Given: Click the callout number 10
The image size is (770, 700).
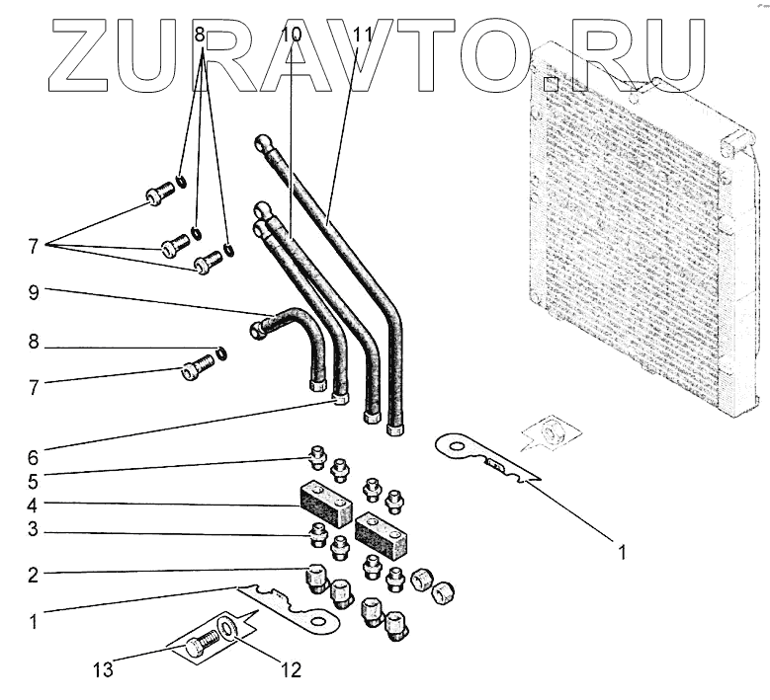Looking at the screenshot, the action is pos(292,34).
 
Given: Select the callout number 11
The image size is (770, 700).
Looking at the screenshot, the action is pos(363,34).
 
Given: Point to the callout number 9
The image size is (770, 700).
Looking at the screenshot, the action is pos(34,292).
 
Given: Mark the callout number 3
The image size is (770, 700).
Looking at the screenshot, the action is pos(34,531).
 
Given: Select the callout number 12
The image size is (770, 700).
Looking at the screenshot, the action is pos(289,670).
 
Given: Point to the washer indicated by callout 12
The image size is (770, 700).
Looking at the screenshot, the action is pos(228,627).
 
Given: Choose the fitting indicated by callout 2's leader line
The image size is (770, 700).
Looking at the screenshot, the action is pos(315,577).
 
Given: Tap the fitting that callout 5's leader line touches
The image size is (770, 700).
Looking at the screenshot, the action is pos(317,457).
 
